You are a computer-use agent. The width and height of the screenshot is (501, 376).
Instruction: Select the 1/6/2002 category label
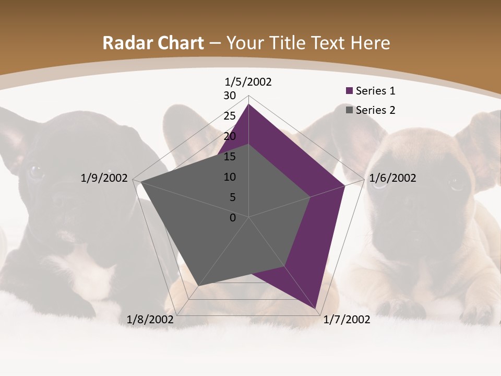click(x=392, y=178)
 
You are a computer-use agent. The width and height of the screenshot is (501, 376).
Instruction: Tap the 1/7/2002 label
click(x=347, y=320)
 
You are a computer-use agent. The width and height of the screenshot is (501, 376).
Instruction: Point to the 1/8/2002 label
click(x=150, y=320)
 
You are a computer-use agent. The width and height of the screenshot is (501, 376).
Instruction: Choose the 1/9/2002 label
click(x=104, y=178)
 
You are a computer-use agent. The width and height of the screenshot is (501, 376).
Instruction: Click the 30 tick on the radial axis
click(x=229, y=96)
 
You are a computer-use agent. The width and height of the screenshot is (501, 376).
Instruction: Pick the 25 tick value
click(x=229, y=116)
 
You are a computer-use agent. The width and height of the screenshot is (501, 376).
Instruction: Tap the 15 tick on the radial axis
click(x=229, y=157)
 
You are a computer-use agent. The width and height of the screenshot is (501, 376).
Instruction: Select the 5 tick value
click(x=232, y=197)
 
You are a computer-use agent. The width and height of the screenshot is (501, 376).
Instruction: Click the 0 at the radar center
click(x=233, y=218)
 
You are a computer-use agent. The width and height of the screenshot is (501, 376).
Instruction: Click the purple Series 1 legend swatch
click(x=350, y=91)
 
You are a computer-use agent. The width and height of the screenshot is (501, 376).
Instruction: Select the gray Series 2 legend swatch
click(x=350, y=110)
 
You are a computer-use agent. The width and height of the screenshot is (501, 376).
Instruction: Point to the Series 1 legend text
click(x=375, y=91)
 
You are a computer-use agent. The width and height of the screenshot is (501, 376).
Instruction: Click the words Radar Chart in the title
click(x=153, y=43)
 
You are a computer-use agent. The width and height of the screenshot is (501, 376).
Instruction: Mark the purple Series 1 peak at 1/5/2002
click(x=248, y=104)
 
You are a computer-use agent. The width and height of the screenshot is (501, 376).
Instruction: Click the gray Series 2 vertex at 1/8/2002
click(x=199, y=286)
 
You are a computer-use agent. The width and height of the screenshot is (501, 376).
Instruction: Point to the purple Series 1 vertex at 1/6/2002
click(x=344, y=185)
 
